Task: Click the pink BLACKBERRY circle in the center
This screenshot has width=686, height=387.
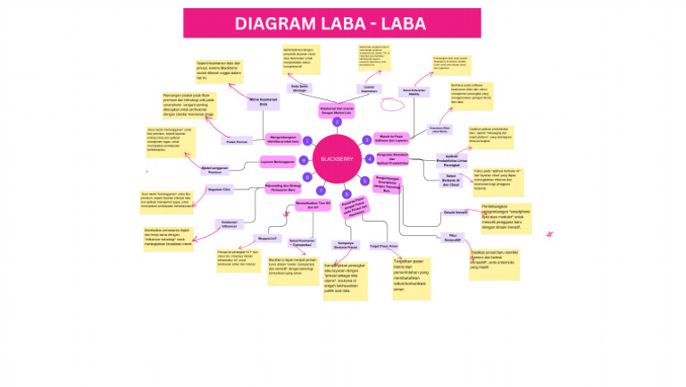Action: [x=337, y=158]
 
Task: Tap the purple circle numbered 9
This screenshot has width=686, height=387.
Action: [x=304, y=161]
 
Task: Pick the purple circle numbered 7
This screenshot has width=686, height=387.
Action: [x=321, y=190]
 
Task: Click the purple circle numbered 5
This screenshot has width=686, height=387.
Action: [x=365, y=181]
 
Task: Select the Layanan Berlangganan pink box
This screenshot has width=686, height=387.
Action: [x=277, y=162]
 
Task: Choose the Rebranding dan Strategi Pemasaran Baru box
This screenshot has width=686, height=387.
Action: [x=282, y=188]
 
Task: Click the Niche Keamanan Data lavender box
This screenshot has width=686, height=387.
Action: [x=258, y=102]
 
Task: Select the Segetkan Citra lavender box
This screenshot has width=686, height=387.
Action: [x=219, y=189]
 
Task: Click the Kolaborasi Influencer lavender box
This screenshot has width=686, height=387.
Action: [x=230, y=223]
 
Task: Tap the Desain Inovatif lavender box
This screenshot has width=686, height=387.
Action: [x=456, y=212]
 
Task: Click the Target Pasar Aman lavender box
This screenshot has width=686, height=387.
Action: [x=383, y=246]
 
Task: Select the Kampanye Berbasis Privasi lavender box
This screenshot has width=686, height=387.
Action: [x=345, y=245]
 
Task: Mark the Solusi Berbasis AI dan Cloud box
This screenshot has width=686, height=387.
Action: [x=452, y=181]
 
